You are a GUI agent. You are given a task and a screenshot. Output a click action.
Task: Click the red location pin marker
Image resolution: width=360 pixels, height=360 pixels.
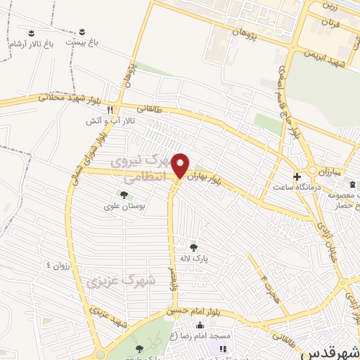[x=181, y=165]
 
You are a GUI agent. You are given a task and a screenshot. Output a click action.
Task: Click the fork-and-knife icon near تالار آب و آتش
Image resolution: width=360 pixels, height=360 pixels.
[x=110, y=110]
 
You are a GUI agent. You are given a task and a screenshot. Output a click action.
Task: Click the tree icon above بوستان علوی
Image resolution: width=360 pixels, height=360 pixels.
[x=124, y=195]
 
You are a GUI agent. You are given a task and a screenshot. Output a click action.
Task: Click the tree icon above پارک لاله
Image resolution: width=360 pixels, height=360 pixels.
[x=193, y=246]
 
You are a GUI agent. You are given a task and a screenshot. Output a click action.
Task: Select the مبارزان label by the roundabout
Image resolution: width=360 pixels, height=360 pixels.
[x=327, y=172]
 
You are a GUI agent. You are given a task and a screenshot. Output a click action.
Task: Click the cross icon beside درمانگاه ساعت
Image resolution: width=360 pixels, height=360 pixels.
[x=298, y=176]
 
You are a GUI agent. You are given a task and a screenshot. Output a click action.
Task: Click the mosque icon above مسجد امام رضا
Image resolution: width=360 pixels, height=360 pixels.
[x=200, y=325]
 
